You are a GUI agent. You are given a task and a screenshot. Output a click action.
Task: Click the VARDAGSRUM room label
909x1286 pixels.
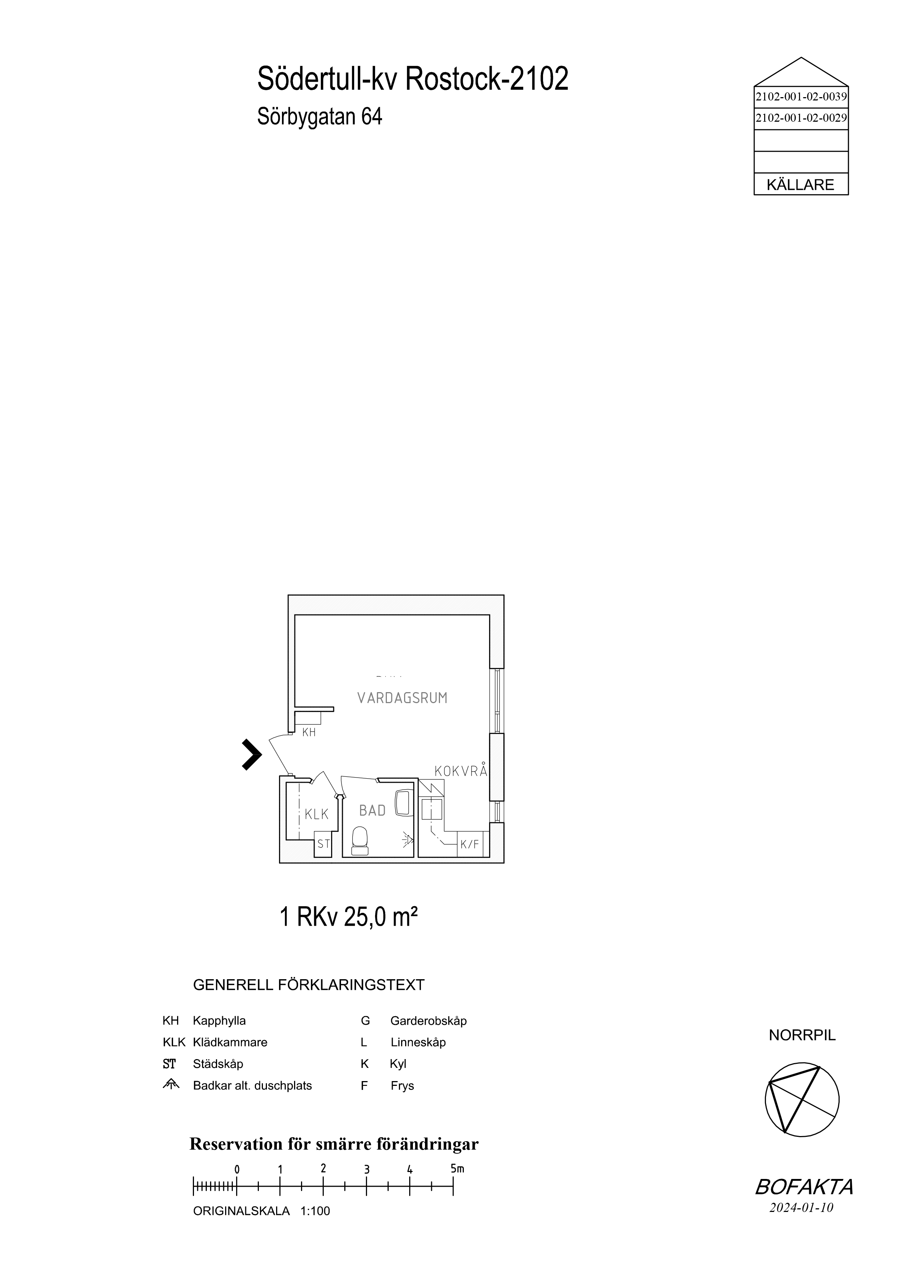pyautogui.click(x=402, y=698)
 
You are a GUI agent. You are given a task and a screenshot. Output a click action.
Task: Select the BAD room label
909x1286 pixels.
pyautogui.click(x=373, y=811)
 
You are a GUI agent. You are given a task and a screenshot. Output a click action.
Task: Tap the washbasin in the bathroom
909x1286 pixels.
pyautogui.click(x=403, y=802)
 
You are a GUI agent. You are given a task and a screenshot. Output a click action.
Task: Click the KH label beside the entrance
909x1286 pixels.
pyautogui.click(x=309, y=732)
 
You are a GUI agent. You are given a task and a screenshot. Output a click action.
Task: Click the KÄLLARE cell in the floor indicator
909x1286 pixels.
pyautogui.click(x=801, y=184)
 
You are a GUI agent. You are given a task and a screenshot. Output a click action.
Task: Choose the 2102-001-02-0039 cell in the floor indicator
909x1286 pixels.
pyautogui.click(x=801, y=96)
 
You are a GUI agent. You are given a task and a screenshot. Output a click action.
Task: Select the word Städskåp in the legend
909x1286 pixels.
pyautogui.click(x=218, y=1063)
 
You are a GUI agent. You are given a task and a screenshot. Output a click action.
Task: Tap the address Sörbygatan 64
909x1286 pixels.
pyautogui.click(x=320, y=117)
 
